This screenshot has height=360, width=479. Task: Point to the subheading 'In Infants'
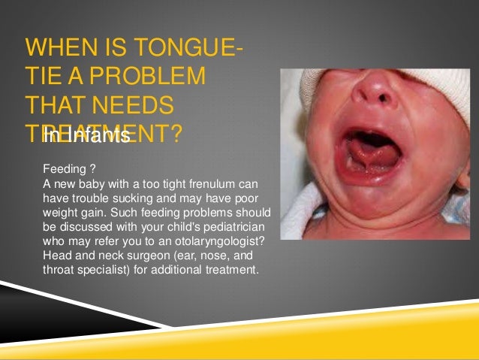(x=86, y=136)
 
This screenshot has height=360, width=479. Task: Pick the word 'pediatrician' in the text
(x=239, y=225)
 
